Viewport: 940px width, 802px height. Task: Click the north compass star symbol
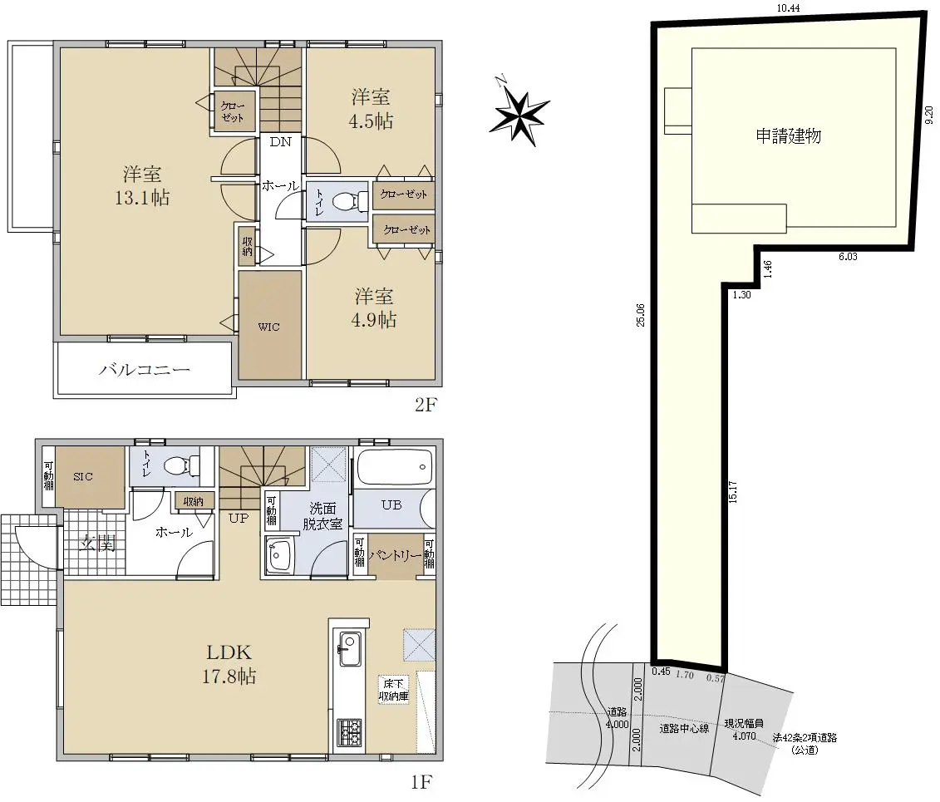[x=519, y=115]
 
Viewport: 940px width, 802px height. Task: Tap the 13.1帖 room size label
[x=142, y=197]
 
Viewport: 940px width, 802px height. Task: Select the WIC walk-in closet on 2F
[x=269, y=326]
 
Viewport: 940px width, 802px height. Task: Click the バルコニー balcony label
[x=144, y=369]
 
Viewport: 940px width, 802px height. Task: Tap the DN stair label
[x=280, y=142]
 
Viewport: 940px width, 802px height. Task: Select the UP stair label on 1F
[x=238, y=518]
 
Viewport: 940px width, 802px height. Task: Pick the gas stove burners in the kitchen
[x=349, y=732]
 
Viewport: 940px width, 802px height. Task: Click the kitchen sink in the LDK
[x=350, y=648]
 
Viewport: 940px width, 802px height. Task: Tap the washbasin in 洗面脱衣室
[x=278, y=556]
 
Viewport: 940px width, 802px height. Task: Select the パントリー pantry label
[x=395, y=556]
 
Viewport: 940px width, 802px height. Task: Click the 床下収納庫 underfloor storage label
[x=393, y=690]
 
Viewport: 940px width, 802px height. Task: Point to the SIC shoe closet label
[x=83, y=476]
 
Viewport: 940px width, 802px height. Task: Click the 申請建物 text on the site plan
[x=788, y=136]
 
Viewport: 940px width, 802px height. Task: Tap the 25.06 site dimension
[x=640, y=315]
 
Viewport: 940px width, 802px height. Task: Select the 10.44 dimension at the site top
[x=789, y=7]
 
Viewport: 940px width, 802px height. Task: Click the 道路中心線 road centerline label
[x=684, y=728]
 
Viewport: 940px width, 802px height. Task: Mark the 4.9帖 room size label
[x=373, y=319]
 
